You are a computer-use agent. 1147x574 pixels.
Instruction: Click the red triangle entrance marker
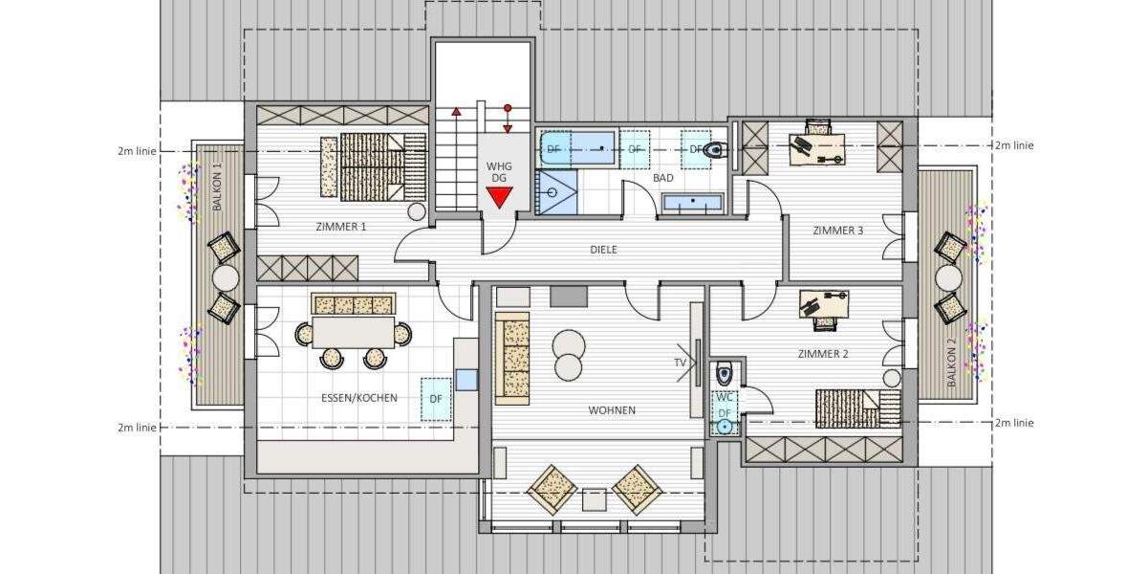[498, 198]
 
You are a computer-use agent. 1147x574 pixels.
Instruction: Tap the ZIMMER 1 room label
[341, 227]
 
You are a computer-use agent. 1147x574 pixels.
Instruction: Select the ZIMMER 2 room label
[823, 354]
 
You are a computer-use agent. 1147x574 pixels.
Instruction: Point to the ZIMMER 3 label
[838, 230]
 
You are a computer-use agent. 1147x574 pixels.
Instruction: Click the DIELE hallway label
[603, 250]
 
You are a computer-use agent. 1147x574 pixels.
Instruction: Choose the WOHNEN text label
[612, 410]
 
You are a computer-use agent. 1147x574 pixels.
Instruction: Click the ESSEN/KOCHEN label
[367, 397]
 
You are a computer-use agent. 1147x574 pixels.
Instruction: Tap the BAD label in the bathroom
[663, 179]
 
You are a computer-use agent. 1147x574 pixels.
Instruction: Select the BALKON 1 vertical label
[218, 188]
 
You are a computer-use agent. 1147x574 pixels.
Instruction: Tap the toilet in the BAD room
[715, 149]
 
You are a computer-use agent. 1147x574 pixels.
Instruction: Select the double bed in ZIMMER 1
[373, 165]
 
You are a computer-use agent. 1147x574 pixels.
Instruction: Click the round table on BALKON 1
[225, 278]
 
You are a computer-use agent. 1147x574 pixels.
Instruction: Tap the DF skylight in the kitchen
[435, 398]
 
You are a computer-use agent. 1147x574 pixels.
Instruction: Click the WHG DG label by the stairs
[499, 172]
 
